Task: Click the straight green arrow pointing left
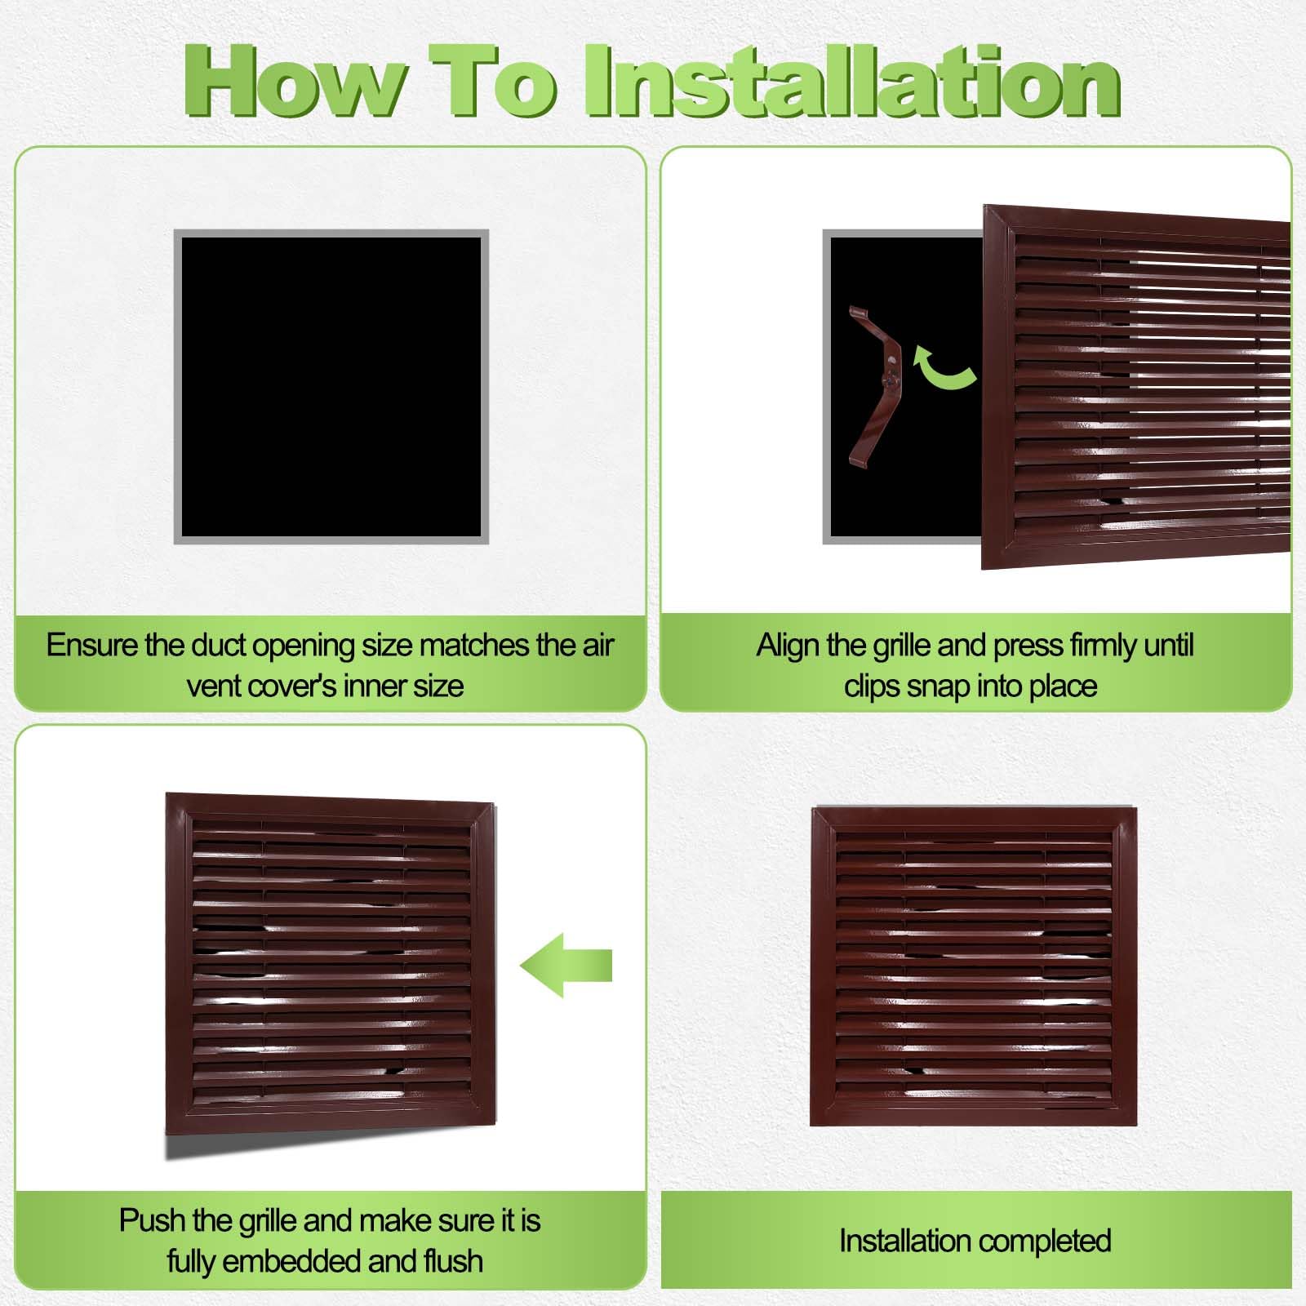(x=566, y=965)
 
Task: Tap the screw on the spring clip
(x=891, y=379)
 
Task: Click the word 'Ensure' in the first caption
(x=92, y=645)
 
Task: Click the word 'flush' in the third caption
(x=453, y=1261)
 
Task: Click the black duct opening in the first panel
(x=331, y=386)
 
